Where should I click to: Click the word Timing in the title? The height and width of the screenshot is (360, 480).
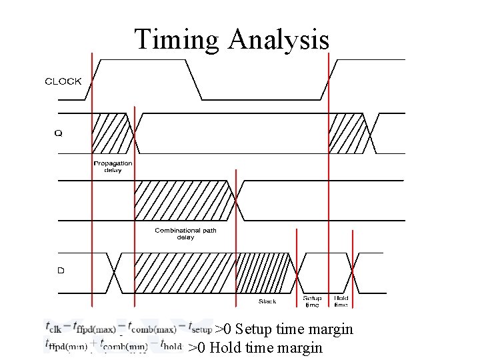pyautogui.click(x=177, y=39)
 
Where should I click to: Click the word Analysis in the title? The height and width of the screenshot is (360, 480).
pyautogui.click(x=278, y=39)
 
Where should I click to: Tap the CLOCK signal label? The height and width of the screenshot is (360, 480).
pyautogui.click(x=63, y=81)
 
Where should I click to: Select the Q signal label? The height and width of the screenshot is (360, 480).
pyautogui.click(x=58, y=133)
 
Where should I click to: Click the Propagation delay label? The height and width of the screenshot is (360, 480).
pyautogui.click(x=113, y=167)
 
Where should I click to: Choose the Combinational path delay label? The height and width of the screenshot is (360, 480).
pyautogui.click(x=185, y=233)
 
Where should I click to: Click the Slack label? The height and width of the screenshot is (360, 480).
pyautogui.click(x=267, y=301)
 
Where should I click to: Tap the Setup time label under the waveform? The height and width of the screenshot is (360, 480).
pyautogui.click(x=312, y=301)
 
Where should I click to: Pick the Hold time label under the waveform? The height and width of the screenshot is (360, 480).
pyautogui.click(x=341, y=301)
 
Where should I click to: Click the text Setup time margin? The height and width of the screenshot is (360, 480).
pyautogui.click(x=294, y=329)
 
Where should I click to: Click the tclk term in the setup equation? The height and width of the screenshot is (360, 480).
pyautogui.click(x=54, y=327)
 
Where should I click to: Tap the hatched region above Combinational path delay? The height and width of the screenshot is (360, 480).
pyautogui.click(x=183, y=200)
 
